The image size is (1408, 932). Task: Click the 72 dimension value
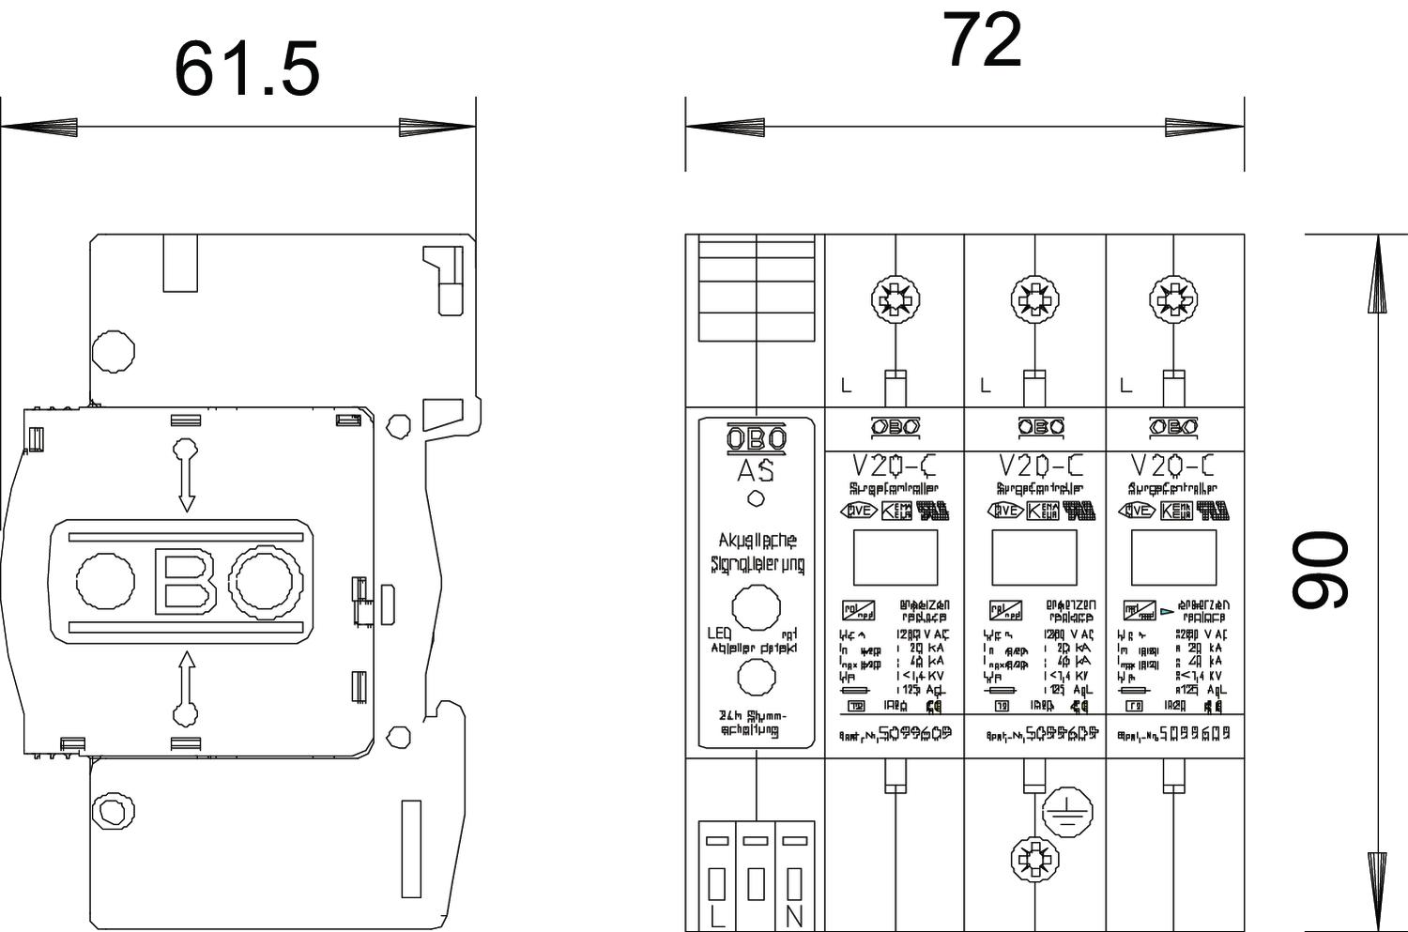coord(981,41)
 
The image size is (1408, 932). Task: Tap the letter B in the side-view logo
coord(186,581)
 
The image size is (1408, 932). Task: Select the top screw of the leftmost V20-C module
coord(895,300)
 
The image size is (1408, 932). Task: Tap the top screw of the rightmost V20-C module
coord(1173,300)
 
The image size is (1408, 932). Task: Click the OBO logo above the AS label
coord(756,438)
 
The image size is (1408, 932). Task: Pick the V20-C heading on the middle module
coord(1040,466)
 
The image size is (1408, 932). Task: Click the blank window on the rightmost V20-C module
coord(1173,558)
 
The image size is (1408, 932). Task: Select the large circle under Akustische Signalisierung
coord(755,607)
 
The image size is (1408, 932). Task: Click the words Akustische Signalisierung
coord(757,552)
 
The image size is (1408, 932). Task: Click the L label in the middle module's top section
coord(985,385)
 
